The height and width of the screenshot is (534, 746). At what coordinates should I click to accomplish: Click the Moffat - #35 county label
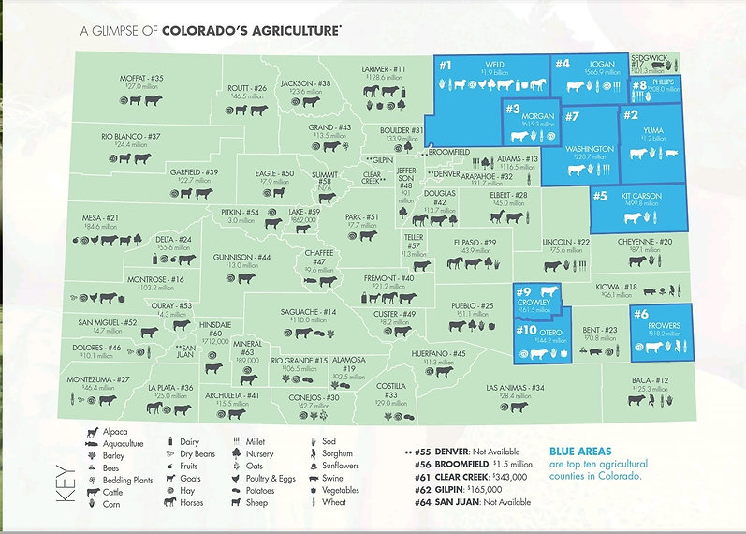[x=142, y=78]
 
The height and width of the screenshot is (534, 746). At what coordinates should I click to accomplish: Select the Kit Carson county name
[x=640, y=196]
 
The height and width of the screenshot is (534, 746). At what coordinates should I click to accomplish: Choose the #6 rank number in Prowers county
[x=641, y=314]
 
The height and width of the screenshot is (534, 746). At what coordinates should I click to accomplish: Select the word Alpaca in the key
[x=115, y=430]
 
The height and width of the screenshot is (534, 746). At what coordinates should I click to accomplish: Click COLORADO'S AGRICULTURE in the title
[x=251, y=30]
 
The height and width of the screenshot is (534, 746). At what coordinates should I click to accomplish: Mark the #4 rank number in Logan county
[x=562, y=64]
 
